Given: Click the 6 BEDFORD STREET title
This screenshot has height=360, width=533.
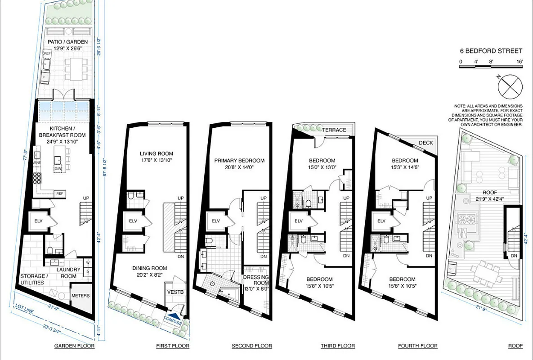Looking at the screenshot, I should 490,51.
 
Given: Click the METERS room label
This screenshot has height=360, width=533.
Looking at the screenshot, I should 81,296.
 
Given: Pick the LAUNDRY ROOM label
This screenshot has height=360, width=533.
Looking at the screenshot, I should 68,273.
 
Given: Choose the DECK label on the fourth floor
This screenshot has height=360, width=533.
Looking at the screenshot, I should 426,143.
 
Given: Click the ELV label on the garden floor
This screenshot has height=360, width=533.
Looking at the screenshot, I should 38,221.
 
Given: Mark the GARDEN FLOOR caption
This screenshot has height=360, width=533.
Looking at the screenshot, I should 74,346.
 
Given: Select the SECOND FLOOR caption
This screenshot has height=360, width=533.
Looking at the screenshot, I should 252,346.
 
